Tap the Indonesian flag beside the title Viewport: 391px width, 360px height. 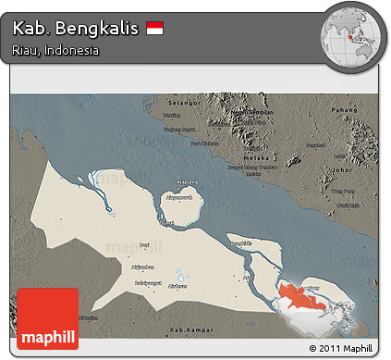[x=154, y=30]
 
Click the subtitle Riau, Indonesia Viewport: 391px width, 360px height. [x=56, y=51]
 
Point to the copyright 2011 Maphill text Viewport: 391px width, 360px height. [x=337, y=348]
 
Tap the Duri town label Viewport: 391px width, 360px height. [x=143, y=244]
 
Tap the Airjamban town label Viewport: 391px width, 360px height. [x=141, y=266]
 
